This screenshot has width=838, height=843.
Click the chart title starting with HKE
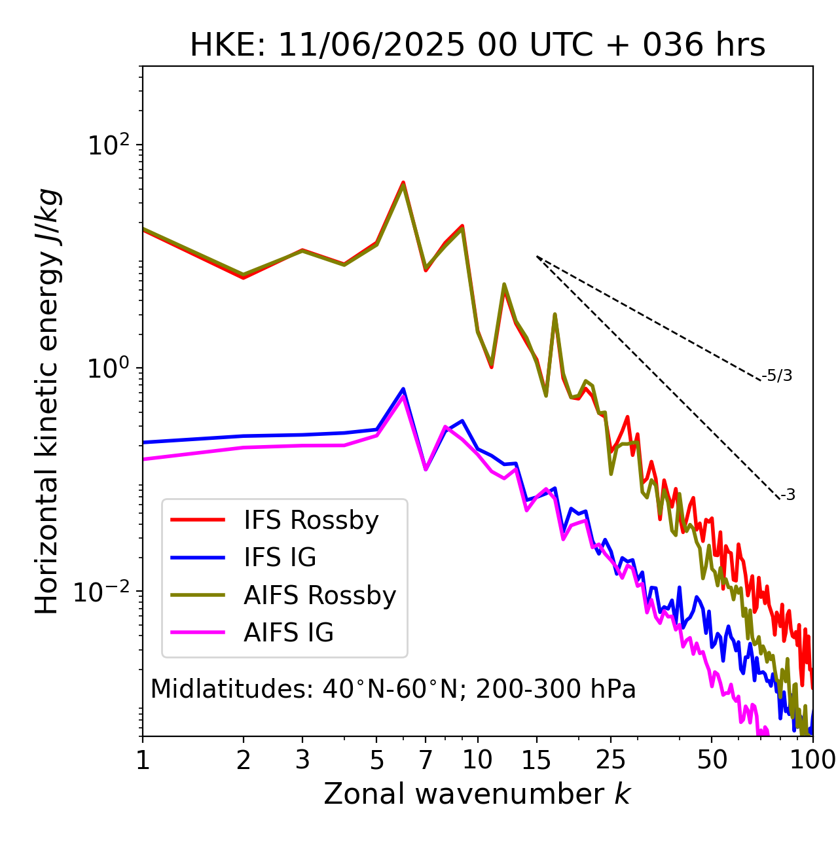point(477,46)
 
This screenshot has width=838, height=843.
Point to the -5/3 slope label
point(777,376)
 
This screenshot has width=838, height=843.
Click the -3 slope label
point(788,495)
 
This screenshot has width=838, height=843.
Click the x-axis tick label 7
point(426,760)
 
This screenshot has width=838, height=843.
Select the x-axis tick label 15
point(536,760)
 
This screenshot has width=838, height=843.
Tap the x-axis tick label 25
point(611,760)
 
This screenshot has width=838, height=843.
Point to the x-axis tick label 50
point(712,760)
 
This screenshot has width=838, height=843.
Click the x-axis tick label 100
point(812,760)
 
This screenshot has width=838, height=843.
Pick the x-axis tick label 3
point(302,760)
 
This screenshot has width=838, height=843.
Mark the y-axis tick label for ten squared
point(109,145)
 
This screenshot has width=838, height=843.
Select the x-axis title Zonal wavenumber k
point(477,794)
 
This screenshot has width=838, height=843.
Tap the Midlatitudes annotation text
point(393,689)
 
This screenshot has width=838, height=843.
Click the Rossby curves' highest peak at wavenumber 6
point(403,183)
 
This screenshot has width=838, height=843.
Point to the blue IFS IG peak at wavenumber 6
point(403,389)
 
